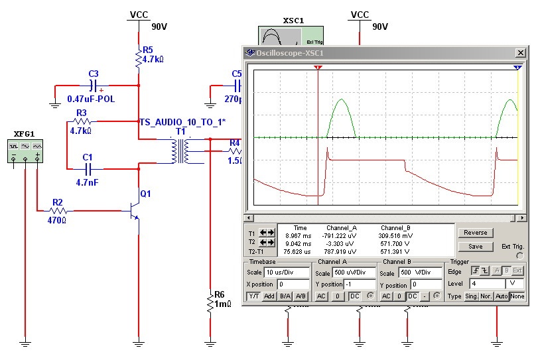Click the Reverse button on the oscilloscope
tap(475, 233)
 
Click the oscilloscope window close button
tap(521, 53)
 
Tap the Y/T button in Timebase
tap(253, 296)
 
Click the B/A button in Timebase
tap(285, 296)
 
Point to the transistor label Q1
tap(146, 194)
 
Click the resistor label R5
tap(147, 50)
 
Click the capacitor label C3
tap(94, 73)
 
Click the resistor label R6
tap(220, 294)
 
